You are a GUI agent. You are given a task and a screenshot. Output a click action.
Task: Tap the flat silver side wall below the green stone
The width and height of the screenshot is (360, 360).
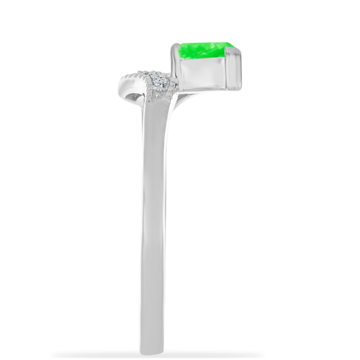point(202,72)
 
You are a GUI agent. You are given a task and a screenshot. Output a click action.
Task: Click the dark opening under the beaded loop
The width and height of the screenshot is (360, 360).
point(132,96)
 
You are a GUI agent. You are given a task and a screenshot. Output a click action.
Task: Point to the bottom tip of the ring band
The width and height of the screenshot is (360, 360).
point(155,351)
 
